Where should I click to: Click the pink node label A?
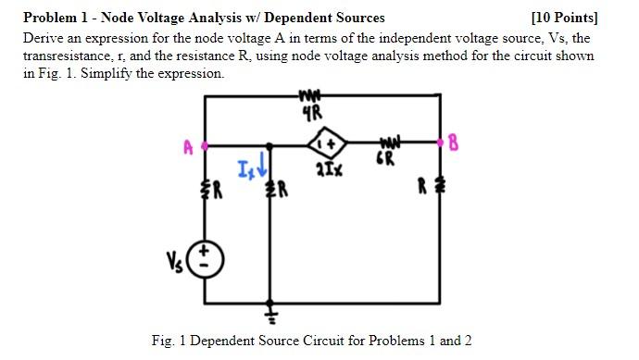click(x=188, y=146)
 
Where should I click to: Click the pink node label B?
click(x=454, y=143)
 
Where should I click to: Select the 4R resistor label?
click(x=312, y=116)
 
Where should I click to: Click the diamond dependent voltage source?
click(x=327, y=144)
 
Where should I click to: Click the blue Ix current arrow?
click(x=261, y=168)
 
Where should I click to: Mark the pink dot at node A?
click(x=205, y=145)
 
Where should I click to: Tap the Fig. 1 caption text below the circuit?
click(x=311, y=341)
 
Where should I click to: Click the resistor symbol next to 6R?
click(x=389, y=143)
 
